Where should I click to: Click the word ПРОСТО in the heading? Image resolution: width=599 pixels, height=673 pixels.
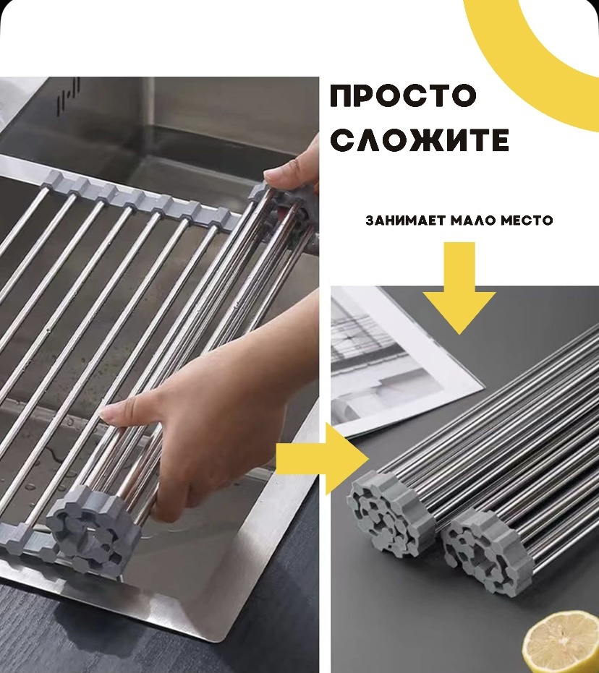click(403, 95)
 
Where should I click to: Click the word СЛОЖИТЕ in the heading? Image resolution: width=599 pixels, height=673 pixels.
click(420, 140)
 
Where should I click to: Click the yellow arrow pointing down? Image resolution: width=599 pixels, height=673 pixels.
click(459, 288)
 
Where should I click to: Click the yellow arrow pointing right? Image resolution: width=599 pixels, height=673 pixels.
click(322, 458)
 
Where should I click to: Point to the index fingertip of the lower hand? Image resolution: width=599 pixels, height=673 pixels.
click(109, 413)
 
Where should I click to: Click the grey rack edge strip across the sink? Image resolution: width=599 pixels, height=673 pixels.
click(129, 192)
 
